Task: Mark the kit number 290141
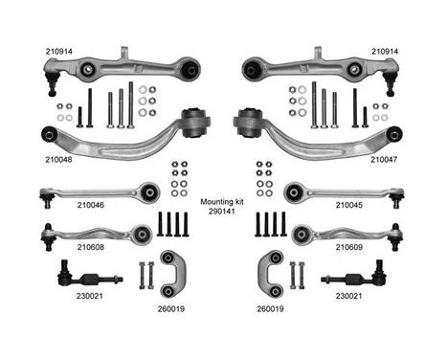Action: (223, 214)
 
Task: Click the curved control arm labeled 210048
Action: (115, 139)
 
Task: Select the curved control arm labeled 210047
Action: (325, 139)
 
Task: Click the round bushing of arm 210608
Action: (144, 232)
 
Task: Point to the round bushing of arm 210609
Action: (300, 232)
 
